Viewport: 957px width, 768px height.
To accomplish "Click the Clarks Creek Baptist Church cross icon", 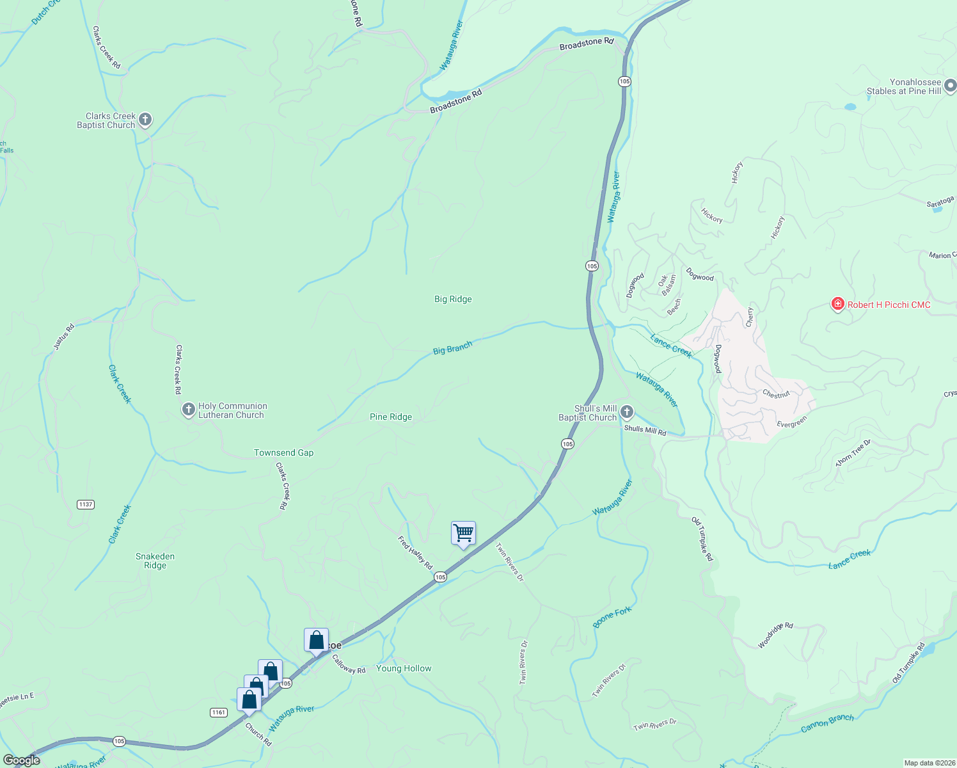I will pyautogui.click(x=145, y=120).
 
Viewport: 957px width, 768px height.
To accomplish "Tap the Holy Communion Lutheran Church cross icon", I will pyautogui.click(x=188, y=410).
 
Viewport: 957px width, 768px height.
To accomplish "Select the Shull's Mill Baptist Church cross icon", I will pyautogui.click(x=627, y=412).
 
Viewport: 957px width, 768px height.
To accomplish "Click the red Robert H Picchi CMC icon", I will pyautogui.click(x=837, y=305).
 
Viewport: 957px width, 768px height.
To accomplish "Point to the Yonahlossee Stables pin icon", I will pyautogui.click(x=949, y=85).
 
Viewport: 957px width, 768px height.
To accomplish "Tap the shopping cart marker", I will pyautogui.click(x=463, y=533).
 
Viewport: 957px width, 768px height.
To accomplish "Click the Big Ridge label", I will pyautogui.click(x=453, y=299).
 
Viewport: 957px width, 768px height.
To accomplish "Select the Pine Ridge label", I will pyautogui.click(x=391, y=417).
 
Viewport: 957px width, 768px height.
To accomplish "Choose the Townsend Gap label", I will pyautogui.click(x=283, y=452).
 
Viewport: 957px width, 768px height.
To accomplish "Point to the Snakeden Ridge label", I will pyautogui.click(x=155, y=561).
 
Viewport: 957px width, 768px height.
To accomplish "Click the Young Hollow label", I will pyautogui.click(x=404, y=668).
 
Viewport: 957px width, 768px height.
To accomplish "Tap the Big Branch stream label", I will pyautogui.click(x=452, y=348).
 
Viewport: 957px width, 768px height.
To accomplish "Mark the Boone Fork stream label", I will pyautogui.click(x=612, y=617).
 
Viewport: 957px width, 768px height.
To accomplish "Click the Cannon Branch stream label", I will pyautogui.click(x=827, y=723).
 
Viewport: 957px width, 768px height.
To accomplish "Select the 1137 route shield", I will pyautogui.click(x=86, y=504).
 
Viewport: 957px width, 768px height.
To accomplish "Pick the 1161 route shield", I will pyautogui.click(x=218, y=712).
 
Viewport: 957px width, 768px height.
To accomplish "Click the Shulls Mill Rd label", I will pyautogui.click(x=645, y=431).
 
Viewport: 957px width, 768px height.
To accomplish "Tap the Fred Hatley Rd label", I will pyautogui.click(x=415, y=552).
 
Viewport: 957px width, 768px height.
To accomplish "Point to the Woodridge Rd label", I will pyautogui.click(x=775, y=636).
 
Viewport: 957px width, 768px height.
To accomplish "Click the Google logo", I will pyautogui.click(x=22, y=760).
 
